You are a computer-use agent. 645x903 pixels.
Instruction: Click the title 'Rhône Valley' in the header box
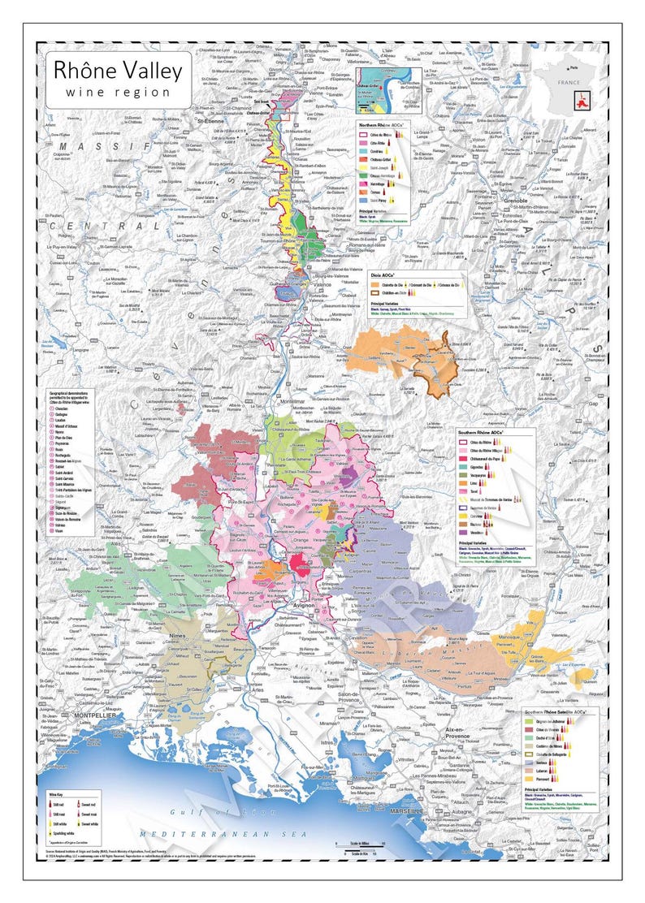click(x=118, y=71)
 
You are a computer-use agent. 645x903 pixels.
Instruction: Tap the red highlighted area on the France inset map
click(x=581, y=102)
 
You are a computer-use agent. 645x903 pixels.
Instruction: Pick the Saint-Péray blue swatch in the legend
click(x=366, y=200)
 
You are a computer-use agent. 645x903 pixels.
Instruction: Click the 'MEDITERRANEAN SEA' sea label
click(x=214, y=835)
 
